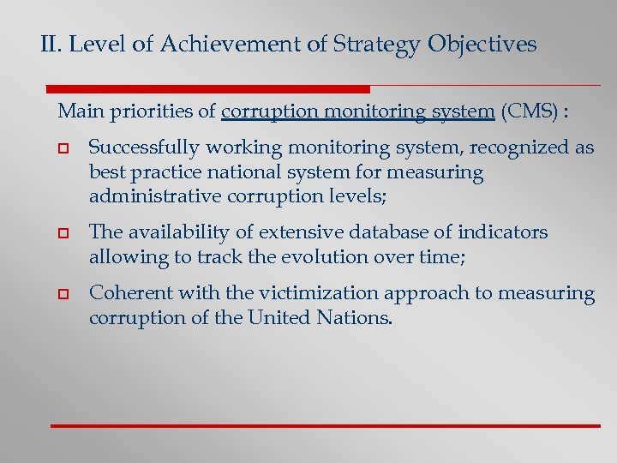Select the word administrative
(x=147, y=196)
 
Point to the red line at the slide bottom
(x=326, y=425)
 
